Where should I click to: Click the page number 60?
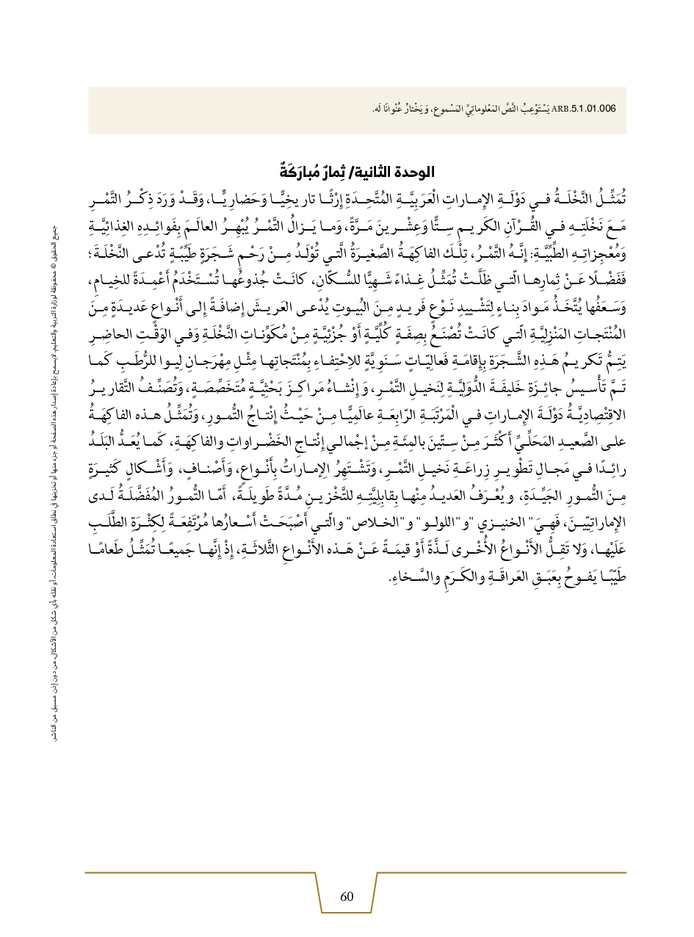pos(347,896)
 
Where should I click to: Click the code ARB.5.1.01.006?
pos(588,110)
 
